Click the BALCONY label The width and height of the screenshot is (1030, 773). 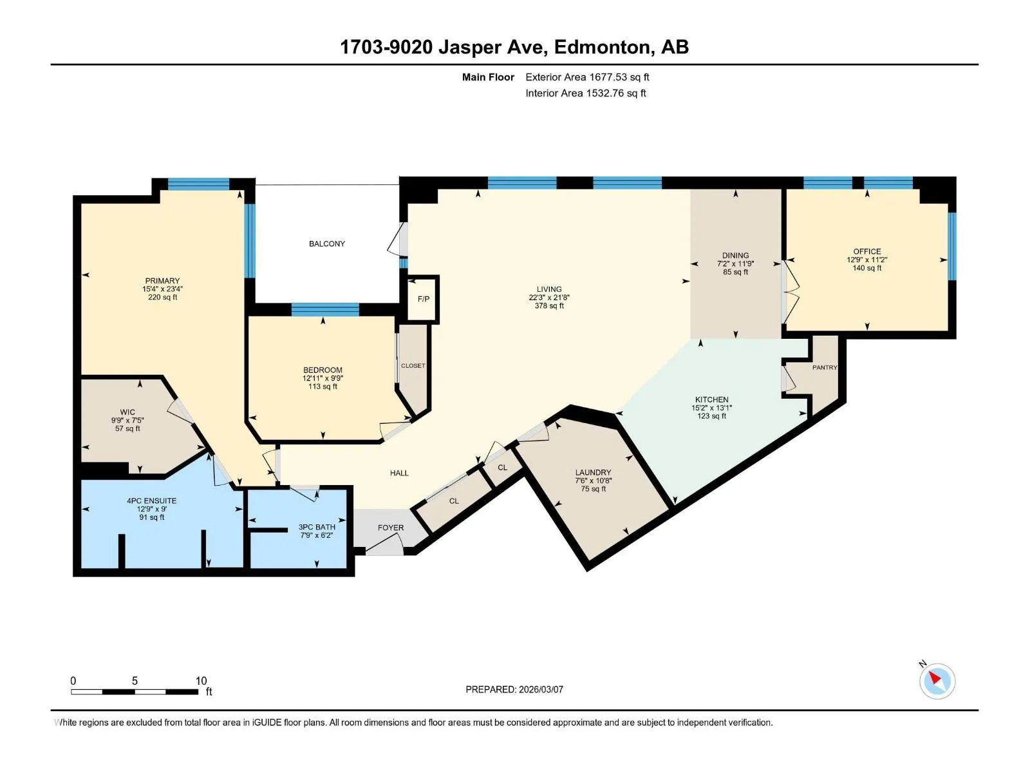tap(326, 243)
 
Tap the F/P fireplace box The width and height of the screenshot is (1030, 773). tap(423, 299)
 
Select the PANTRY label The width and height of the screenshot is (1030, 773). tap(825, 367)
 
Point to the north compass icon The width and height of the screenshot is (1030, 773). tap(937, 681)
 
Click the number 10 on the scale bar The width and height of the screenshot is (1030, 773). tap(201, 680)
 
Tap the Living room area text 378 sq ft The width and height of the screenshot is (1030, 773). tap(549, 306)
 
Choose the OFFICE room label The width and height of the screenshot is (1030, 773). tap(866, 252)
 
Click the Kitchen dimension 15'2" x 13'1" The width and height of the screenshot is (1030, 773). tap(711, 408)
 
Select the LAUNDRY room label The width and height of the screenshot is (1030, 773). tap(593, 473)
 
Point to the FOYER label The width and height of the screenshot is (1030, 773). tap(390, 528)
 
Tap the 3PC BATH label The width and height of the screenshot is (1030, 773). tap(317, 527)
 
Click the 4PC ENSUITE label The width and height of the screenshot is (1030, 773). tap(151, 501)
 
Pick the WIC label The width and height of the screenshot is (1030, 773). tap(127, 412)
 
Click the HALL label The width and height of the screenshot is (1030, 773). tap(399, 473)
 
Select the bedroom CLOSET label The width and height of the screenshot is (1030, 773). tap(413, 366)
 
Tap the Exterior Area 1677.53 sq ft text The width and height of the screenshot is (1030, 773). tap(587, 77)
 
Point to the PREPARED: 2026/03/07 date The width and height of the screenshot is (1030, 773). tap(514, 689)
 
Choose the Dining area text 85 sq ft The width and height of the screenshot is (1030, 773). tap(735, 272)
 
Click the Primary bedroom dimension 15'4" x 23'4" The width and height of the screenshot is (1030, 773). tap(162, 289)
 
